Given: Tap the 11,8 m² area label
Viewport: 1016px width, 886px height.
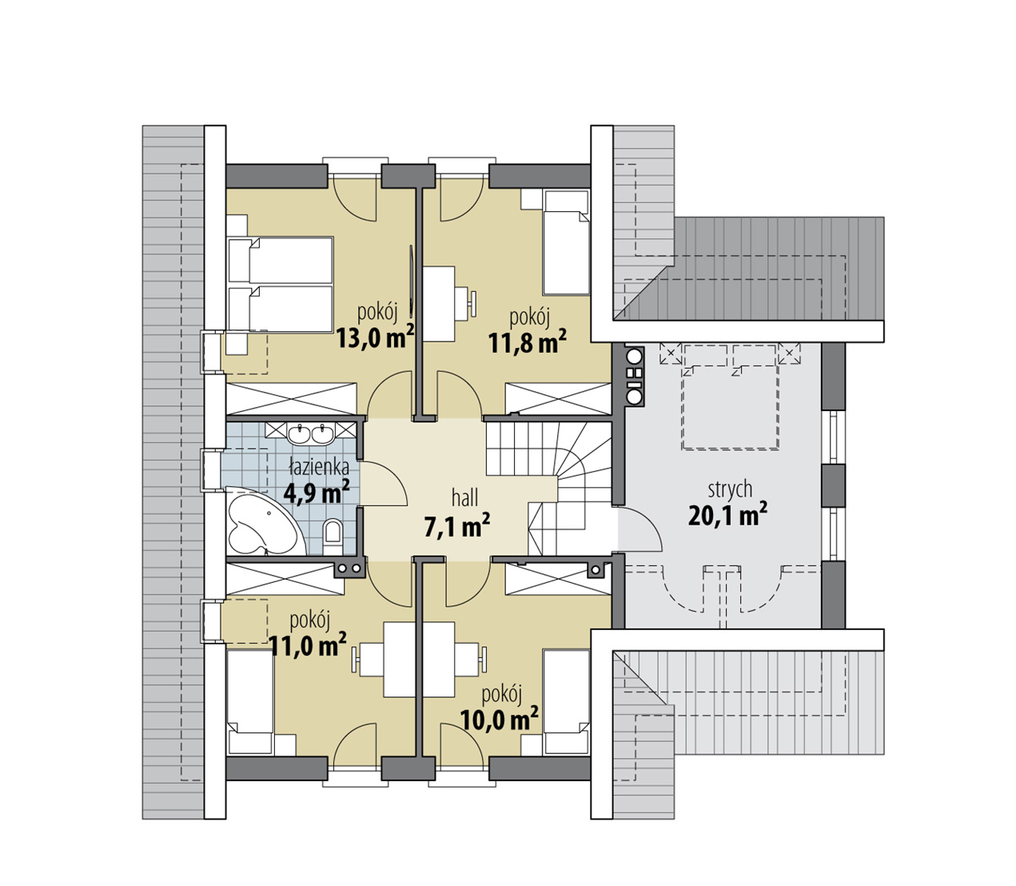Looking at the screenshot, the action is tap(527, 343).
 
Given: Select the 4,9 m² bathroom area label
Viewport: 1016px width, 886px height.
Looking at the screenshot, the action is tap(316, 492).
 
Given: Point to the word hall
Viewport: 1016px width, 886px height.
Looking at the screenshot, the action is tap(464, 497).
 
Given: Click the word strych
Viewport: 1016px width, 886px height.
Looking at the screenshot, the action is tap(730, 490).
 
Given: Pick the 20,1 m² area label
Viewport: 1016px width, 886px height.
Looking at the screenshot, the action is tap(727, 515).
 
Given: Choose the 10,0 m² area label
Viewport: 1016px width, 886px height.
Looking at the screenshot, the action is tap(499, 719).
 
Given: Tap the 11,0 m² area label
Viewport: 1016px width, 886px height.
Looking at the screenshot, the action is tap(308, 645).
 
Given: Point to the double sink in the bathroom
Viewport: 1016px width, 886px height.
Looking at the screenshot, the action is tap(311, 433).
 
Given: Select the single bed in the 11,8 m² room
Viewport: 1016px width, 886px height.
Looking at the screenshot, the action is tap(566, 243).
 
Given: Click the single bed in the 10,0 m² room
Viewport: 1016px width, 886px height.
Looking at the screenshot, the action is tap(566, 702).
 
